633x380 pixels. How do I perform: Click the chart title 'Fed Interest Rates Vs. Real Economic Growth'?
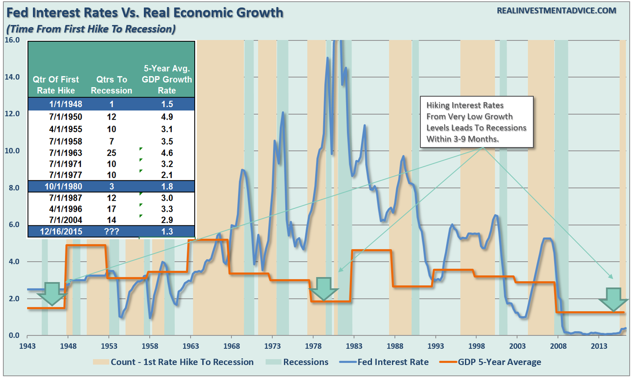(145, 13)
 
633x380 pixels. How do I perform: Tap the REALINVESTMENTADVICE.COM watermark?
(556, 11)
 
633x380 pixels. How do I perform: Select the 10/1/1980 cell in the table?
(63, 187)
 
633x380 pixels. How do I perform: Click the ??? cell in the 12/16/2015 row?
(111, 232)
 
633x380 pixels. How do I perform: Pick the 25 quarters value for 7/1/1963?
(111, 153)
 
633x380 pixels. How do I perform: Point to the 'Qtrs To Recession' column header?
(111, 85)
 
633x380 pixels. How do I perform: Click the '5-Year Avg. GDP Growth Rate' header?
(167, 79)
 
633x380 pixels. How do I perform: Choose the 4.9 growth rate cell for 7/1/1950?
(167, 117)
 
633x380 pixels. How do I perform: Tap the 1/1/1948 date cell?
(65, 104)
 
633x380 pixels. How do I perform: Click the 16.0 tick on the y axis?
(12, 40)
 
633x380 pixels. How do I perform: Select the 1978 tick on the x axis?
(313, 346)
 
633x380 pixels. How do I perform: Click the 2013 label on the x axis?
(599, 346)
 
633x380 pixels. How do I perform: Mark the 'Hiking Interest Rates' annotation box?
(477, 122)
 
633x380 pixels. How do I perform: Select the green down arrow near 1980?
(323, 289)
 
